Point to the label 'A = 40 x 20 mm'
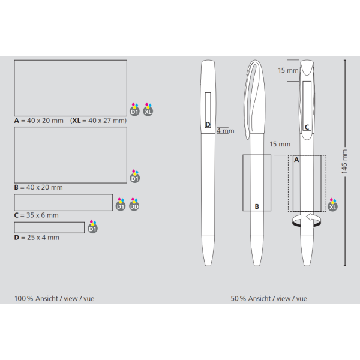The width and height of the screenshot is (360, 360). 38,121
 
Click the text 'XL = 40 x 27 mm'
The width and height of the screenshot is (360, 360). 99,121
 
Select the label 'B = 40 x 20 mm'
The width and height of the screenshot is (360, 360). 38,187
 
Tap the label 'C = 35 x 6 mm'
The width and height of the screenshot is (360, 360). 36,215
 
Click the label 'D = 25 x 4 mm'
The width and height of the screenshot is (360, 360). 37,238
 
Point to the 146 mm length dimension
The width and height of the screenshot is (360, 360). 344,161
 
